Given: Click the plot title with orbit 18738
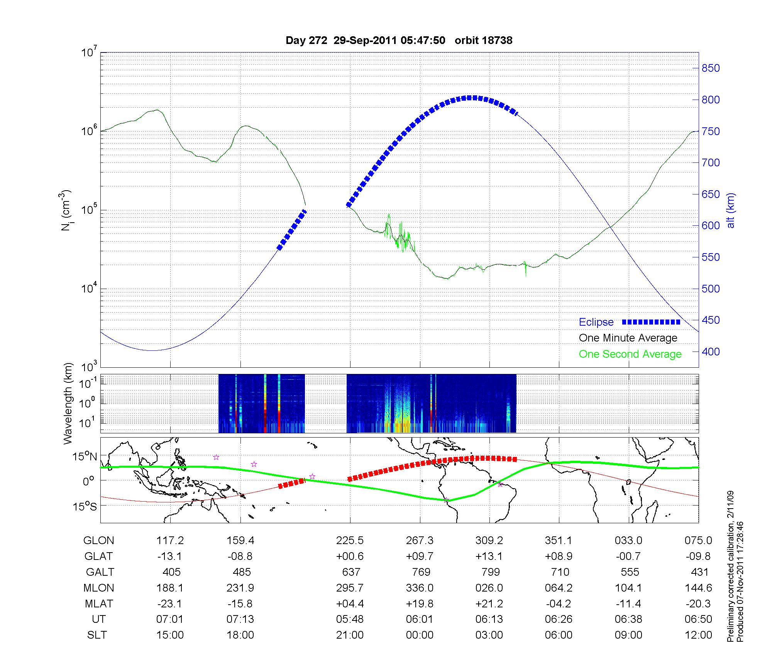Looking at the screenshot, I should pos(399,41).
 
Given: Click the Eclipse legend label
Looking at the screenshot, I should pos(596,322).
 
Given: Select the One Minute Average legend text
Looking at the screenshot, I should pos(628,338).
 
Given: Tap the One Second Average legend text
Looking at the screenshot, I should pos(630,354).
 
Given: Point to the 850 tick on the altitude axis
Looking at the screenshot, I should pos(711,68).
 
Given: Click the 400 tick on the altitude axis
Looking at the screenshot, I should pos(711,352).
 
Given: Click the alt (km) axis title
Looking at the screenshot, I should pos(731,210).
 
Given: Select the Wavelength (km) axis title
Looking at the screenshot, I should pos(68,403).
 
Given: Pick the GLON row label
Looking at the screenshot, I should pos(98,541).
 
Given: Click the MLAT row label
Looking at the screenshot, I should pos(98,604).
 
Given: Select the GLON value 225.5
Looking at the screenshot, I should pos(350,541).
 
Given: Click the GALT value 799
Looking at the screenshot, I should pos(491,572).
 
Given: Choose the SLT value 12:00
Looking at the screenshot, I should pos(698,635).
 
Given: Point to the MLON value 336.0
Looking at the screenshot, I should pos(420,588).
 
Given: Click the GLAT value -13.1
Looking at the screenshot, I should pos(170,556).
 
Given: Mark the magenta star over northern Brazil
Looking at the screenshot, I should pos(501,484).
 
